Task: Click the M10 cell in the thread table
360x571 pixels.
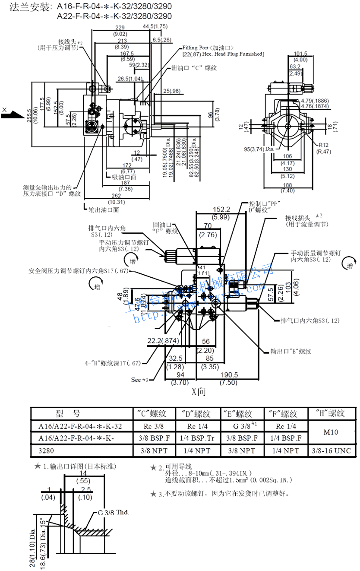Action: (x=331, y=432)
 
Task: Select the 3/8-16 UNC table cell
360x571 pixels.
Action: (x=331, y=451)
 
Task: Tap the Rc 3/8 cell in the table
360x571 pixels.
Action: (x=155, y=426)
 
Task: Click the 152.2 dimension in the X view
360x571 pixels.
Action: (x=222, y=209)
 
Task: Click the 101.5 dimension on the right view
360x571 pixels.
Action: (x=300, y=54)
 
